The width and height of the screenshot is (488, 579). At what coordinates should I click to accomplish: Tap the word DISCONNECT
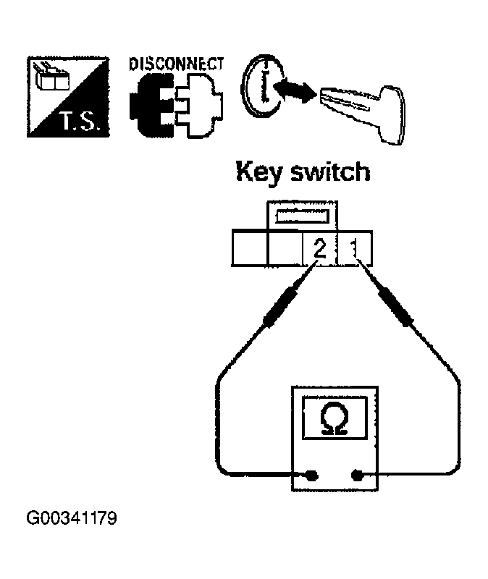coord(175,63)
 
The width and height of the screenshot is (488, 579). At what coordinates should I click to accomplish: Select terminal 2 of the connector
coord(320,250)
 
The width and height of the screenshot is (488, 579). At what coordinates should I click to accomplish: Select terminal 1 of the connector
coord(356,250)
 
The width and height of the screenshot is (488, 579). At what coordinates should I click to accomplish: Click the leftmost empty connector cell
coord(250,250)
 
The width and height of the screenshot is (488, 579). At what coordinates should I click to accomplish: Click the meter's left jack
coord(312,476)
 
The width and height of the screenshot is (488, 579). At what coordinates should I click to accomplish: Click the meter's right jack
coord(356,476)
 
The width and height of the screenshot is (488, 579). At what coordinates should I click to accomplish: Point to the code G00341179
coord(72,518)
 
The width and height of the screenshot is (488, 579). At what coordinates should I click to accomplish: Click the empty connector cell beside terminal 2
coord(285,250)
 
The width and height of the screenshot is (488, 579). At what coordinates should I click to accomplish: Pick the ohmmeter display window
coord(333,418)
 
